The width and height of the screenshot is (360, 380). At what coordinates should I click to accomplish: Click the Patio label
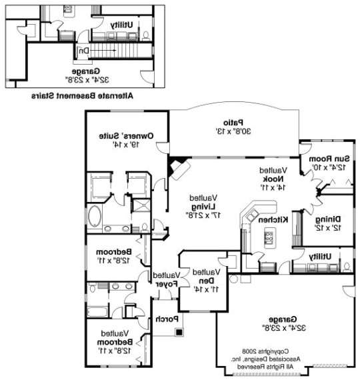click(x=227, y=122)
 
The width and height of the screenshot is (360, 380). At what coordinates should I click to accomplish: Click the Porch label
click(x=165, y=319)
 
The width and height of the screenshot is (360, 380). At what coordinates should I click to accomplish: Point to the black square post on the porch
click(x=178, y=331)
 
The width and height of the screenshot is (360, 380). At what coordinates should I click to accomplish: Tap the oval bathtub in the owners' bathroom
click(x=95, y=217)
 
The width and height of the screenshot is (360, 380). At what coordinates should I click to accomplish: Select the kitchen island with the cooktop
click(x=269, y=234)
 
